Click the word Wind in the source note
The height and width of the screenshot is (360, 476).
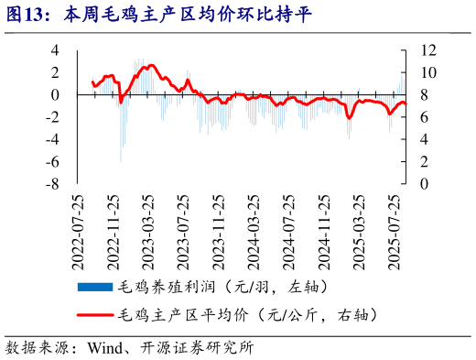tap(104, 348)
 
